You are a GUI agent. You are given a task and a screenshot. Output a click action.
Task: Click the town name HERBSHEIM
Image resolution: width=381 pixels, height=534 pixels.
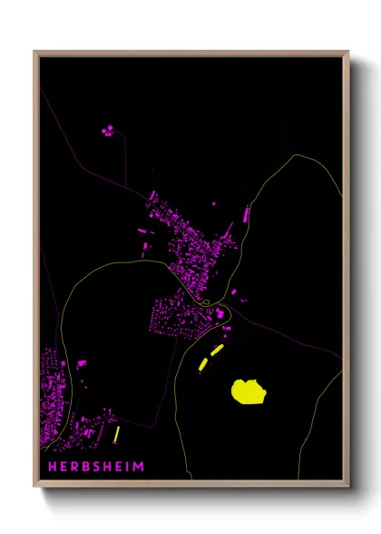91,467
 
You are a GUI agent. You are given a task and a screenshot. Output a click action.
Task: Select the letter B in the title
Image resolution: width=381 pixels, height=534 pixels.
78,467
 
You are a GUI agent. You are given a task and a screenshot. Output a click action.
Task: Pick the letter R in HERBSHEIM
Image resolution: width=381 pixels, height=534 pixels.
66,467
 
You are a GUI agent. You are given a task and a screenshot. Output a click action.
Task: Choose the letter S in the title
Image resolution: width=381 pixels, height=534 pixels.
90,467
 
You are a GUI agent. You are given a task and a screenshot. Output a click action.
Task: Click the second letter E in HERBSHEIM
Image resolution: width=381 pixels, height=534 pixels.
115,467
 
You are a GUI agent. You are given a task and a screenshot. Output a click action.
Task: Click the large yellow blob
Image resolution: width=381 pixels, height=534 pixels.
248,391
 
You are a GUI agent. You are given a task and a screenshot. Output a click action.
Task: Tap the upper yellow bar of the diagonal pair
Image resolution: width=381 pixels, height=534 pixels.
217,350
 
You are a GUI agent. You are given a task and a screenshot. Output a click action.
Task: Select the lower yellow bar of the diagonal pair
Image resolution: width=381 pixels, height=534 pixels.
203,363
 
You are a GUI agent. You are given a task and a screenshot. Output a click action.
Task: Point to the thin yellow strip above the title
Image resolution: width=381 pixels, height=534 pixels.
117,434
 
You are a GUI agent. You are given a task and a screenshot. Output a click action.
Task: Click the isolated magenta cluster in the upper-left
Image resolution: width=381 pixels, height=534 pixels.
109,130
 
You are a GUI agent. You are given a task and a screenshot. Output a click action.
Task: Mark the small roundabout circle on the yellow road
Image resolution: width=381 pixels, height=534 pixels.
208,302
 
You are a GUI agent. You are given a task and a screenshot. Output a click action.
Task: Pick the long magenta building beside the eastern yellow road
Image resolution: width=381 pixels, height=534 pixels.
245,215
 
